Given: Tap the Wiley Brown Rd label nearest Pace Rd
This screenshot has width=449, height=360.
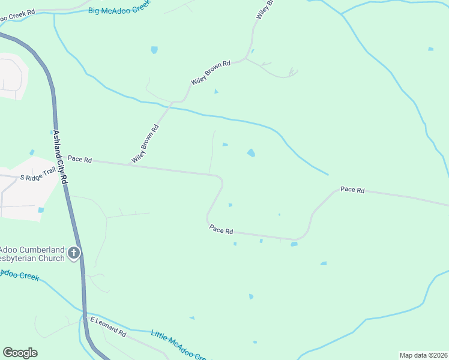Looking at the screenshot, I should click(145, 144).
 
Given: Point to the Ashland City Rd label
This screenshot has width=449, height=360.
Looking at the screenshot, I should click(60, 157).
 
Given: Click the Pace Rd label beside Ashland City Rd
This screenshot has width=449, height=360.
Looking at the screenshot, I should click(79, 159).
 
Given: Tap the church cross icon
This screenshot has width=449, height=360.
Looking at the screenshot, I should click(74, 253).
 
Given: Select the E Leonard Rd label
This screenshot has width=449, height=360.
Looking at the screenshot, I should click(108, 326).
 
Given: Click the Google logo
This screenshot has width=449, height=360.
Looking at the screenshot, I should click(20, 353).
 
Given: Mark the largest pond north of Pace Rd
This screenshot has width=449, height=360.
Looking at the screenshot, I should click(251, 153).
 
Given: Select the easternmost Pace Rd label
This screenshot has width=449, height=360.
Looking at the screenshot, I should click(352, 190).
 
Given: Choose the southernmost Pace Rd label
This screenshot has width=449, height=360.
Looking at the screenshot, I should click(221, 229).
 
